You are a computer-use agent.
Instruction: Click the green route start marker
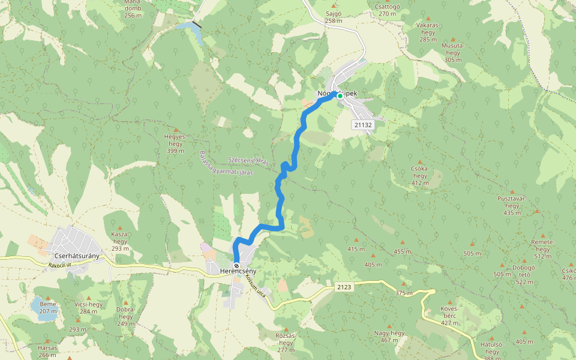click(x=340, y=95)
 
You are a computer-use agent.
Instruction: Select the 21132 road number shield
click(x=363, y=125)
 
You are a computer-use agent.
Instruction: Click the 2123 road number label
click(x=344, y=287)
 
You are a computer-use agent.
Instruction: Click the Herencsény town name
click(x=238, y=272)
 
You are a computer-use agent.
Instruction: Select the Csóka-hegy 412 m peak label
click(x=419, y=175)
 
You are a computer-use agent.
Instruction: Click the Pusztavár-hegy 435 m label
click(x=512, y=205)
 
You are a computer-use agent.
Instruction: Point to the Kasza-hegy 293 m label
click(x=121, y=241)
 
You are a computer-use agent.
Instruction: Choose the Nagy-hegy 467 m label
click(x=389, y=336)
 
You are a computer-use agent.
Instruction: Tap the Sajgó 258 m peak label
click(x=333, y=17)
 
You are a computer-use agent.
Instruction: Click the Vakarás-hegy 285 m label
click(x=428, y=32)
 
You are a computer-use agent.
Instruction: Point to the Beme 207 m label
click(x=48, y=307)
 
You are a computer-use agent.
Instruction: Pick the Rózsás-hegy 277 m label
click(x=286, y=342)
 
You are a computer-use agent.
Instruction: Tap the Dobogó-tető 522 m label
click(x=524, y=274)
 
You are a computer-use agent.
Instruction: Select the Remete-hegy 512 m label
click(x=542, y=253)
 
